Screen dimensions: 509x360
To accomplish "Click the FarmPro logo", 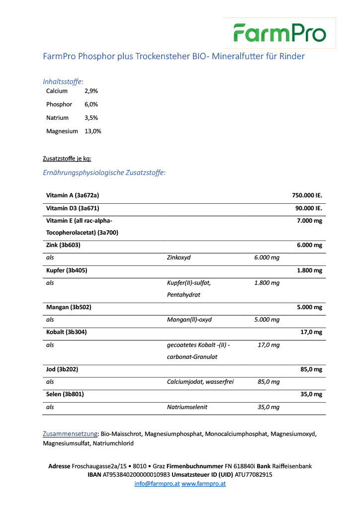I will tap(280, 33).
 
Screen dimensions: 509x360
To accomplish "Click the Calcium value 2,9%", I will tap(91, 91).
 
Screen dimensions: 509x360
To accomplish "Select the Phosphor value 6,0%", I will tap(91, 104).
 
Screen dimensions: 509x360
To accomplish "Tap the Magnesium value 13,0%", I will tap(93, 131).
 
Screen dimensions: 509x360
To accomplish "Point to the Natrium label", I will tap(57, 118).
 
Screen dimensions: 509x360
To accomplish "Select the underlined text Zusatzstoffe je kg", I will tap(67, 159).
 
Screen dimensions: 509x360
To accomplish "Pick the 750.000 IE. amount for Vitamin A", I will tap(307, 196).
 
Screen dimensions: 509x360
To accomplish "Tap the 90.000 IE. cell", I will tap(309, 208).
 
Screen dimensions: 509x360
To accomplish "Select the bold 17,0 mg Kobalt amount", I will tap(311, 332).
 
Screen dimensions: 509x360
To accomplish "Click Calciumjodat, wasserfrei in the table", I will tap(200, 382).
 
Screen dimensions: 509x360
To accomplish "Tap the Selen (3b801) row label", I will tap(65, 394).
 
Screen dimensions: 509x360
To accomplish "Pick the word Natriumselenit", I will tap(187, 407).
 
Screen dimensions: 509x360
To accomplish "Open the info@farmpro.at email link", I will tap(157, 483).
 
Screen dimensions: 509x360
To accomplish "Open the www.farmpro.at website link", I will tap(203, 483).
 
